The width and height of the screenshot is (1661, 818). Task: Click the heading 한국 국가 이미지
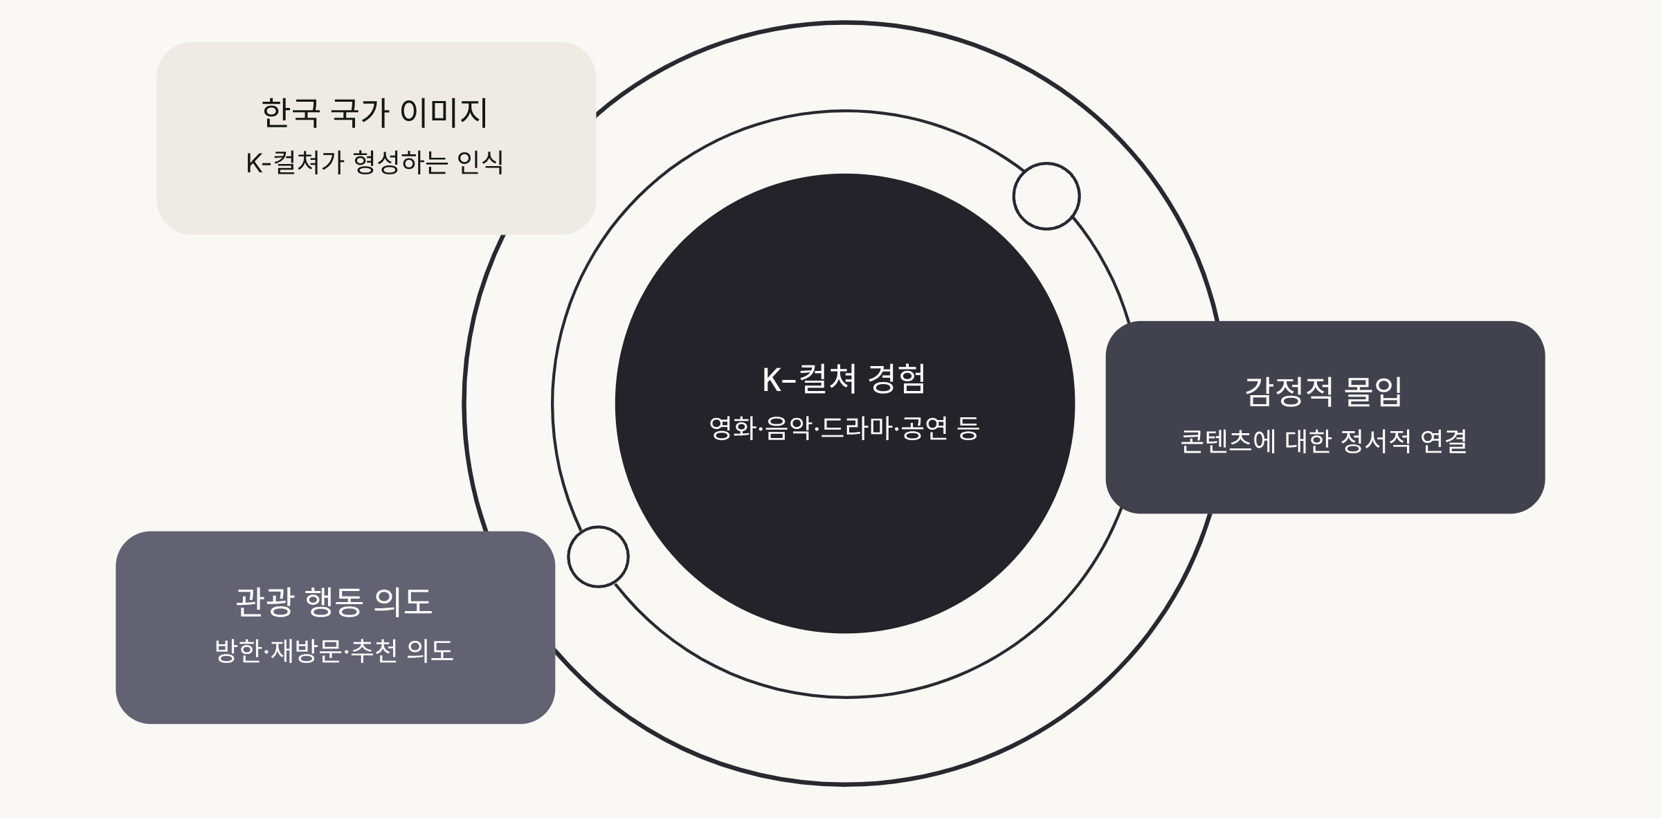[374, 113]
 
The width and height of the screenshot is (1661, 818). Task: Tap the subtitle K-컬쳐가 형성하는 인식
[374, 163]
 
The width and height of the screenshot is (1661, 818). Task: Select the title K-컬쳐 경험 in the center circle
[844, 379]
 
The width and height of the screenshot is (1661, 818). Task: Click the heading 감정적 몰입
[1323, 392]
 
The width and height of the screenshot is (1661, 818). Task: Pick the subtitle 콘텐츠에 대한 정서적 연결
[1323, 442]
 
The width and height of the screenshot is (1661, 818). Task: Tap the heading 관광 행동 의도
[334, 601]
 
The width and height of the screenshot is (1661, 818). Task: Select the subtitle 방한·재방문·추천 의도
[334, 651]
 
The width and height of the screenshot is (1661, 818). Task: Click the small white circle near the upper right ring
[1046, 196]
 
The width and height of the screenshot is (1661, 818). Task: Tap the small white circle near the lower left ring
[598, 556]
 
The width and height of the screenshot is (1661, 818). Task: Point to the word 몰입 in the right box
[1372, 392]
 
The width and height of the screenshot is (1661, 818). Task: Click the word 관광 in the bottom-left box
[265, 601]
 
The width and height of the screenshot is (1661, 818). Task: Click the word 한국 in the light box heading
[291, 113]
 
